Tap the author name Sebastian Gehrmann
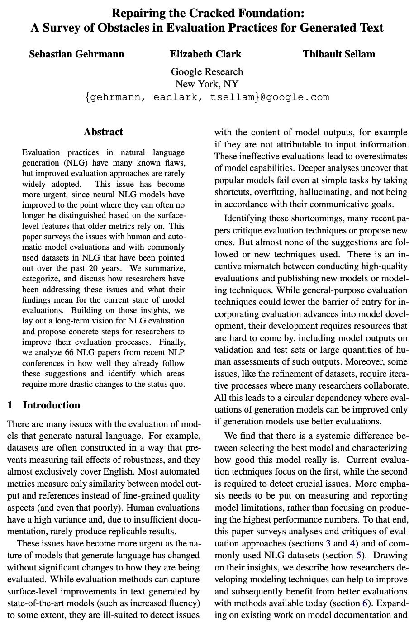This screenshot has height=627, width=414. click(x=76, y=54)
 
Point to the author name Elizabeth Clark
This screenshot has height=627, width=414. click(x=205, y=54)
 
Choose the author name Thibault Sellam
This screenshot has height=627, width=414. click(x=339, y=54)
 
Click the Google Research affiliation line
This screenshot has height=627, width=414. click(x=207, y=71)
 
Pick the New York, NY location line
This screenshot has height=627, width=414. click(x=207, y=84)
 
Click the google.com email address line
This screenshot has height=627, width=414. click(x=207, y=97)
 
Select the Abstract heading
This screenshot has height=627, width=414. click(x=103, y=132)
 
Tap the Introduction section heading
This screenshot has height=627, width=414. click(x=51, y=405)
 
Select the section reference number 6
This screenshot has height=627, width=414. click(x=364, y=603)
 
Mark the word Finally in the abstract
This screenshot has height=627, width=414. click(x=172, y=342)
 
